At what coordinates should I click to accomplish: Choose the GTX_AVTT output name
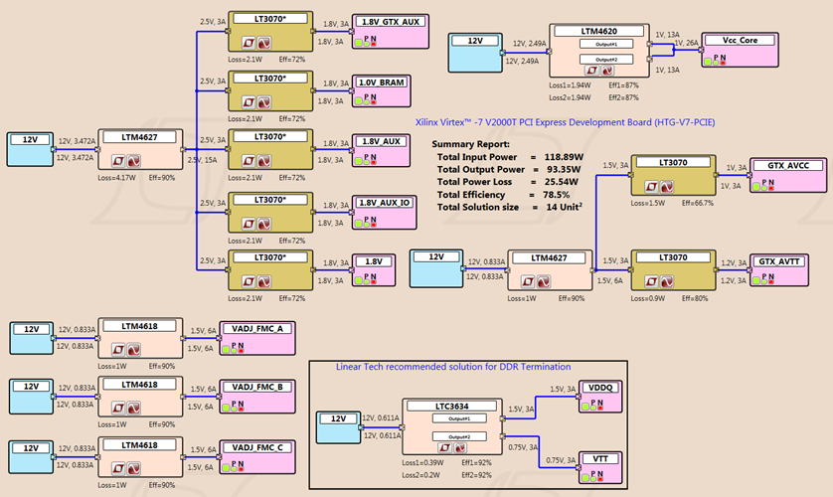coord(781,233)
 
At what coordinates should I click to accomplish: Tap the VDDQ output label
coord(601,388)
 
